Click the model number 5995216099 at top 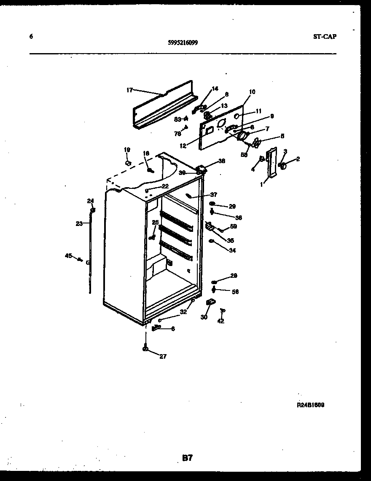pyautogui.click(x=183, y=42)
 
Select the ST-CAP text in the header pyautogui.click(x=325, y=36)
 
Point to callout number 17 pyautogui.click(x=129, y=90)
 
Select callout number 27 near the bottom pyautogui.click(x=163, y=356)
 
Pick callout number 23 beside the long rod pyautogui.click(x=79, y=224)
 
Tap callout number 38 pyautogui.click(x=221, y=161)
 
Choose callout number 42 pyautogui.click(x=220, y=321)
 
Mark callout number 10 pyautogui.click(x=252, y=92)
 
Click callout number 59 pyautogui.click(x=233, y=226)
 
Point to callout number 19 pyautogui.click(x=127, y=150)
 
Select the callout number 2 pyautogui.click(x=298, y=159)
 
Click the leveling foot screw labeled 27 pyautogui.click(x=145, y=348)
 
